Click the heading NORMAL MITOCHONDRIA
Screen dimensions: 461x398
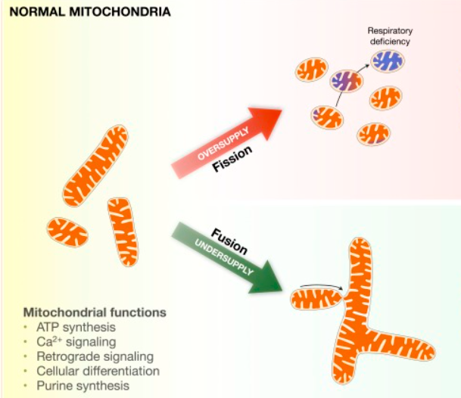[x=90, y=12]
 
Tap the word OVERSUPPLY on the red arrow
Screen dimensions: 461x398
[x=223, y=144]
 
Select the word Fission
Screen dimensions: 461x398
[x=232, y=158]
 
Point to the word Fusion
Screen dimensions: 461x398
[x=229, y=241]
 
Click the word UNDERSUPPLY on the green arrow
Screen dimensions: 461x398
[x=224, y=257]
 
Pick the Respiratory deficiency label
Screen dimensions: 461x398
[x=390, y=36]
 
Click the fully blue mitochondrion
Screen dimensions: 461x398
[x=388, y=61]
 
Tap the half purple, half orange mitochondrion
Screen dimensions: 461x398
[x=347, y=81]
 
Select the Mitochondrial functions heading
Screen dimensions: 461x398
[x=95, y=312]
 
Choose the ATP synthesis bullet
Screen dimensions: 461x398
[x=76, y=327]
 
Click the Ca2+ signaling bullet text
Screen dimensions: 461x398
[x=76, y=341]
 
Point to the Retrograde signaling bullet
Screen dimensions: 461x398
[x=95, y=356]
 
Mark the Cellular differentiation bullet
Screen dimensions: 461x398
[x=98, y=371]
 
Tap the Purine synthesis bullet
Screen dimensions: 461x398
[x=83, y=386]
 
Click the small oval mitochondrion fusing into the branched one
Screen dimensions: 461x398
[x=316, y=299]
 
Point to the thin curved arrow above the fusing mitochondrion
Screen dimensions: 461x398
[x=320, y=285]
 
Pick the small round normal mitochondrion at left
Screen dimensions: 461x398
[x=67, y=232]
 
